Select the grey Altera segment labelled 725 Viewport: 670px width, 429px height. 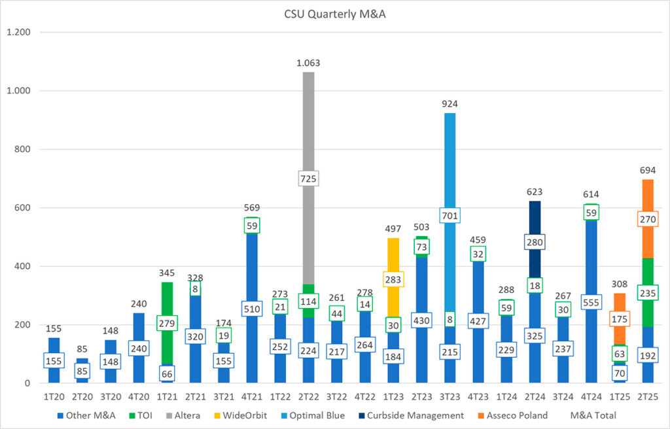coord(308,131)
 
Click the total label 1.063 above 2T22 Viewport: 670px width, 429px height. coord(308,63)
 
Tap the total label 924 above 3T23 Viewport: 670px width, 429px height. coord(450,104)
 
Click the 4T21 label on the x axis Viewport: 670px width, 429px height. coord(252,396)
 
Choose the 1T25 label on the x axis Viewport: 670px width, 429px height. coord(619,396)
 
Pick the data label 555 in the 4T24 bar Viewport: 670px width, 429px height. coord(591,302)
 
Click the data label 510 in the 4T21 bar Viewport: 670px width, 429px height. coord(252,309)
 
